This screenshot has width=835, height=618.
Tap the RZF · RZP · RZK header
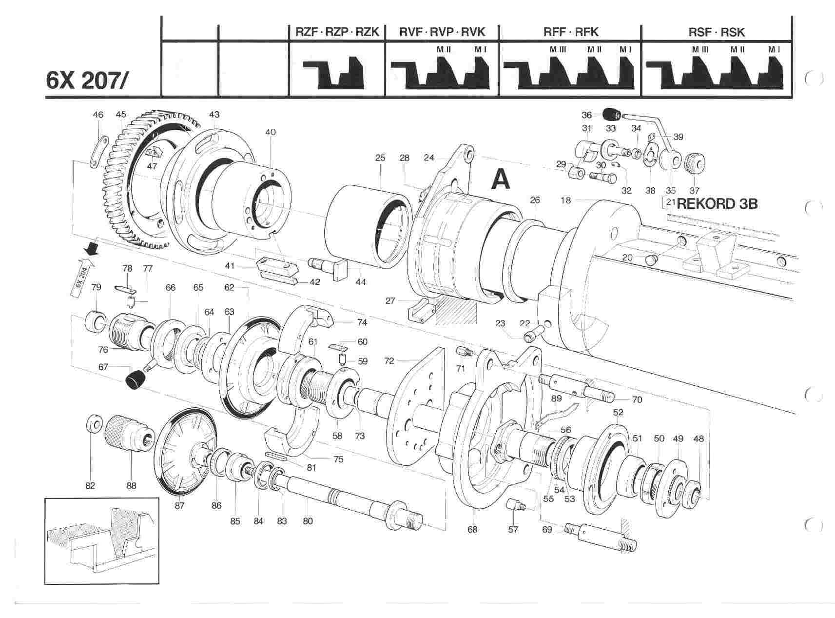point(337,32)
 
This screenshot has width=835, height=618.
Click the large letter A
point(501,179)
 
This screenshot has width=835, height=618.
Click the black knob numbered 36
point(611,115)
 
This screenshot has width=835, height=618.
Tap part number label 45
point(121,115)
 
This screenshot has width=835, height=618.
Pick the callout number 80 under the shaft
point(308,521)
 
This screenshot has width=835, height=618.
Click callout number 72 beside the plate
point(389,361)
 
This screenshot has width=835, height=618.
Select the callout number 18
point(565,200)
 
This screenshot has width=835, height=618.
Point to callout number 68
point(472,529)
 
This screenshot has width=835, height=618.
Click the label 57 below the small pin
point(513,529)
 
